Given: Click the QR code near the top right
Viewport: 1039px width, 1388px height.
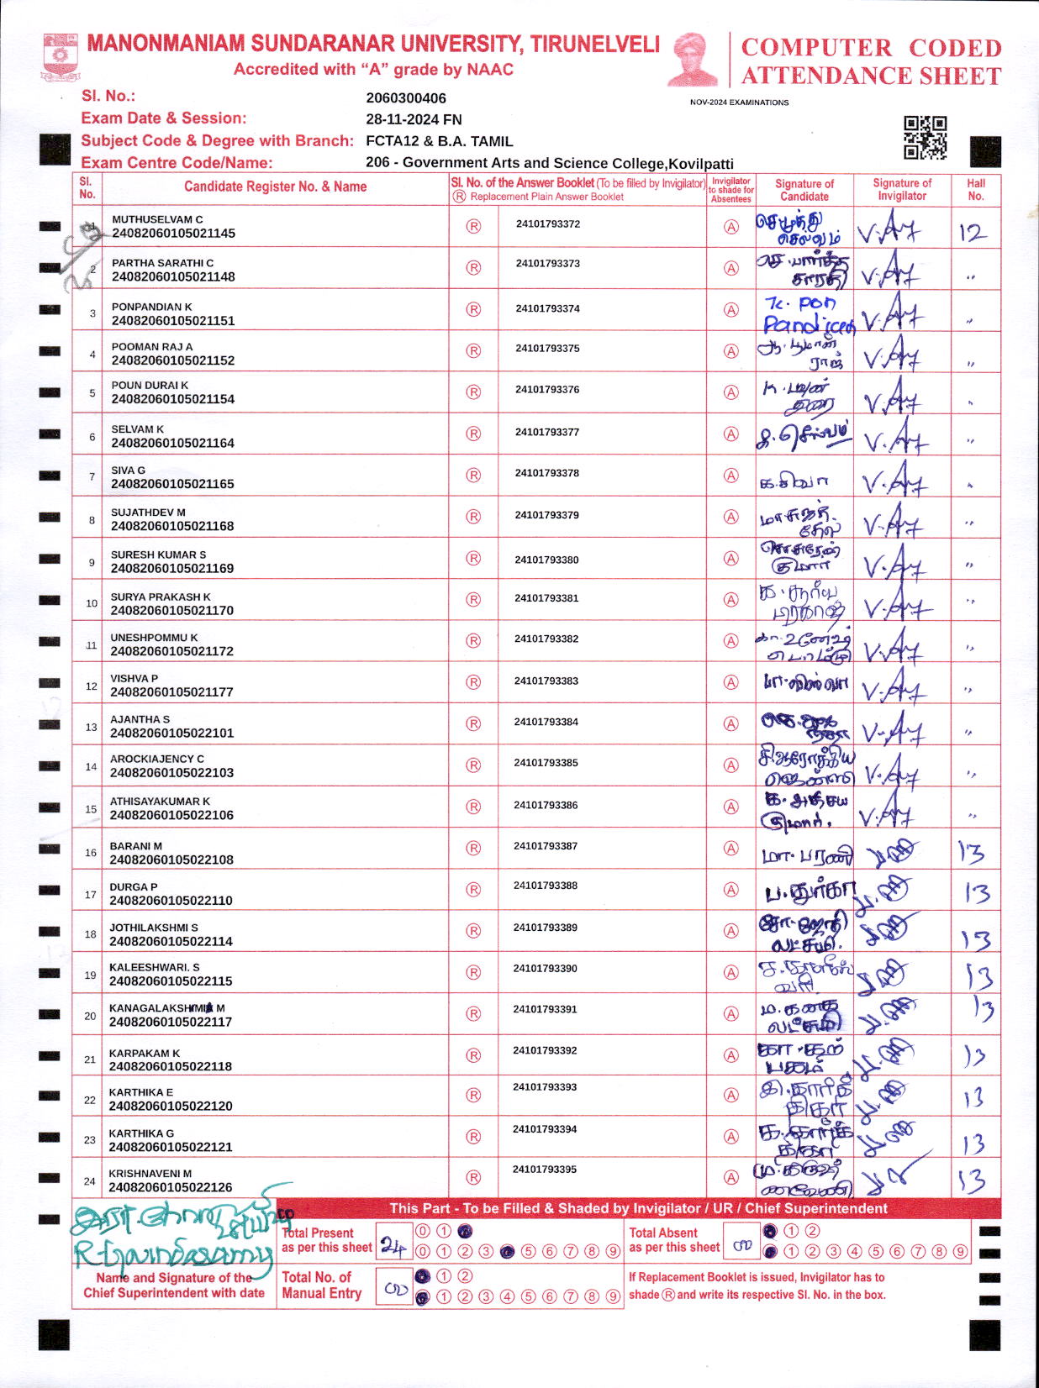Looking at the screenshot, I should (x=925, y=138).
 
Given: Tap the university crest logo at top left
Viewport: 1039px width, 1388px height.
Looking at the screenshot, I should (x=60, y=57).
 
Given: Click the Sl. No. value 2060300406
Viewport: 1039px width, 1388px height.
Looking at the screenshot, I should (x=406, y=98).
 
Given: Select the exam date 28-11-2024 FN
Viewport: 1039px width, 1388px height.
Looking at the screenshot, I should (x=414, y=119).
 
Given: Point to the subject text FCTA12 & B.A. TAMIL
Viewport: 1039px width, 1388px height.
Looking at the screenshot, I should (x=439, y=141).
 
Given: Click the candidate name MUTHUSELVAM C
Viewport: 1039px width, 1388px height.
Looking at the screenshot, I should (x=157, y=219).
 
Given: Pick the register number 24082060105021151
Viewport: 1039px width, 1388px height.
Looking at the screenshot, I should (x=173, y=321).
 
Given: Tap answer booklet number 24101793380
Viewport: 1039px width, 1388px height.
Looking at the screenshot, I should (x=546, y=560).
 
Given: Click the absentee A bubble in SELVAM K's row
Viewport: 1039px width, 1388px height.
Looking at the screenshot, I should (x=731, y=434).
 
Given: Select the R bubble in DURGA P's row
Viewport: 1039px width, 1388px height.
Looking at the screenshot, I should (x=473, y=889).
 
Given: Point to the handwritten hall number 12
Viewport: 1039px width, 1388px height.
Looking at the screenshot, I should (x=973, y=232).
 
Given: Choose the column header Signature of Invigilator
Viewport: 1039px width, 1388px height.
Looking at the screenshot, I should (x=902, y=189).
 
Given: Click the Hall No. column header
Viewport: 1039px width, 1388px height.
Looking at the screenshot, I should (x=976, y=189).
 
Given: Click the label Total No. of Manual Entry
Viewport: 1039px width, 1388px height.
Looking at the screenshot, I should (x=322, y=1285).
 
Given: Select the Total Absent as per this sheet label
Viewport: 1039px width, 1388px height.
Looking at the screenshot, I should (x=674, y=1240).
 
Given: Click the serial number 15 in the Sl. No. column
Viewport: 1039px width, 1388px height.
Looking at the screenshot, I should (x=91, y=809).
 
